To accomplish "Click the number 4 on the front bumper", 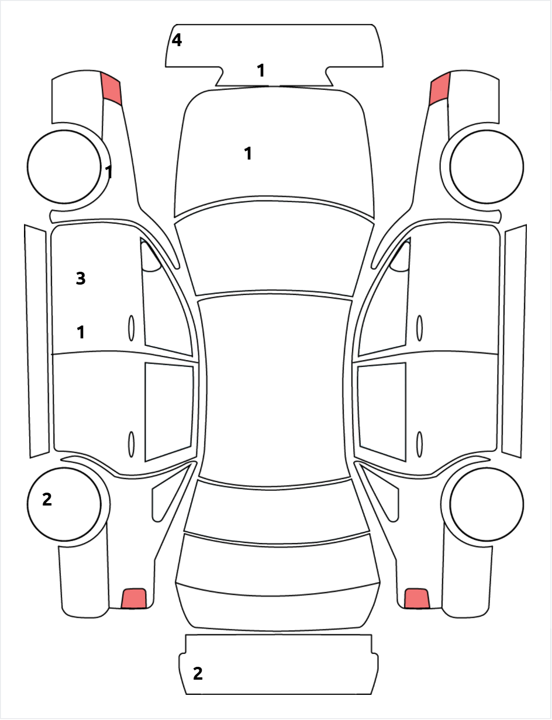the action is tap(177, 40).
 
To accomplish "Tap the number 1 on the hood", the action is tap(248, 154).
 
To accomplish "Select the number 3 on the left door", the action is tap(81, 278).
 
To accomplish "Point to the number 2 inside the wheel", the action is tap(47, 499).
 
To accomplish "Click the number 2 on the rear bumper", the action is tap(198, 674).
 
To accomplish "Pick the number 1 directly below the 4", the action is tap(261, 71).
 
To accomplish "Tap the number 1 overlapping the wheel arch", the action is tap(109, 172).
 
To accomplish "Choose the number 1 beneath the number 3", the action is tap(81, 332).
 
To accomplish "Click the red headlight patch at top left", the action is tap(112, 88).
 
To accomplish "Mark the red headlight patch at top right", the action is tap(440, 88).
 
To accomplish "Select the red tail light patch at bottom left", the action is tap(134, 598).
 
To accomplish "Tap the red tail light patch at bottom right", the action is tap(417, 598).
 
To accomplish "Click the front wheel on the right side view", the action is tap(487, 167).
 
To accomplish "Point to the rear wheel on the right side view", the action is tap(487, 504).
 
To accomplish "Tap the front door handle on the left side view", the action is tap(132, 328).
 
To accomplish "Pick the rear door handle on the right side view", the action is tap(419, 444).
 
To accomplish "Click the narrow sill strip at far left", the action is tap(36, 341).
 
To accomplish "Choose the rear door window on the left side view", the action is tap(169, 412).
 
